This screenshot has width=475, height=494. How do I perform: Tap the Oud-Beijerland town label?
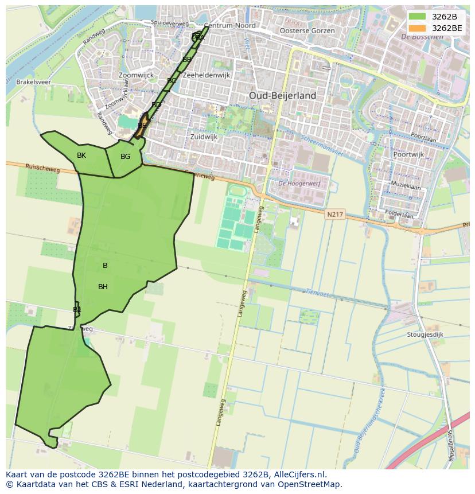(x=282, y=96)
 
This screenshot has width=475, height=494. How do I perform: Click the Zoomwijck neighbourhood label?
(x=136, y=75)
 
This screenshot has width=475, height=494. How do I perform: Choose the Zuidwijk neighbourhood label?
(x=204, y=137)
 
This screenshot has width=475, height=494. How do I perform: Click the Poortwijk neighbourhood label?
(x=408, y=154)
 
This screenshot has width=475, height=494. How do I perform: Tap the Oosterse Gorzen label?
(x=307, y=30)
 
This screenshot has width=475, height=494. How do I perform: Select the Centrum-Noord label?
(x=229, y=26)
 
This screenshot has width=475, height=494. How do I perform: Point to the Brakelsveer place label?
(x=33, y=82)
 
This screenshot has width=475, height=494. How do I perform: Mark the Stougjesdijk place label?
(x=426, y=334)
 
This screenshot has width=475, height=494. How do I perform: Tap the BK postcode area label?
(x=81, y=155)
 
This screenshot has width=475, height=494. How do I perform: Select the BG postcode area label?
(x=125, y=157)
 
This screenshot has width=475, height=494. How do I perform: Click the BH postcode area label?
(x=103, y=287)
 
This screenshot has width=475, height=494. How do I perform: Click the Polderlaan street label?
(x=399, y=216)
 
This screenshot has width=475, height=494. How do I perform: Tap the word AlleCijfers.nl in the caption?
(x=299, y=475)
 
